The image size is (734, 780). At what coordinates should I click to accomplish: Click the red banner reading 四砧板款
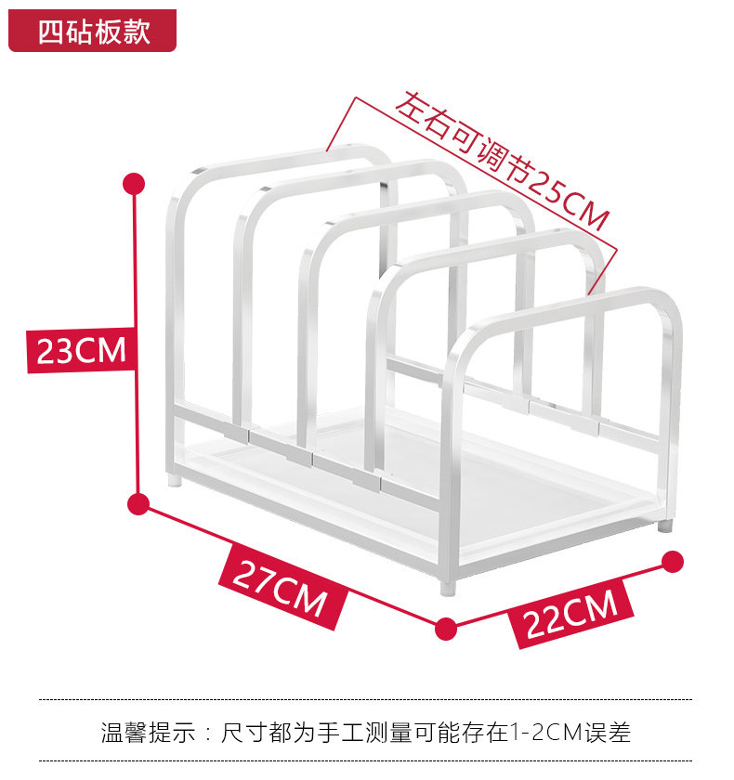pos(93,32)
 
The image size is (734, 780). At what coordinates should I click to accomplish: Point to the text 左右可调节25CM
pos(503,162)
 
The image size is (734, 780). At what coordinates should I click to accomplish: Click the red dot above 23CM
pos(136,183)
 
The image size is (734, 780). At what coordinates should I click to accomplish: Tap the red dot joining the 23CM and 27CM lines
pos(138,504)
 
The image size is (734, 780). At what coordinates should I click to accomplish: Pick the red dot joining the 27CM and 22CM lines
pos(446,628)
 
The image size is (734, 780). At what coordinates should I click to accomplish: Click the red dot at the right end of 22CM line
pos(674,561)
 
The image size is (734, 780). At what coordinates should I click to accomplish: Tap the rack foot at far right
pos(664,525)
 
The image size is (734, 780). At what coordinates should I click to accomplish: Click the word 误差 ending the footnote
pos(609,733)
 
